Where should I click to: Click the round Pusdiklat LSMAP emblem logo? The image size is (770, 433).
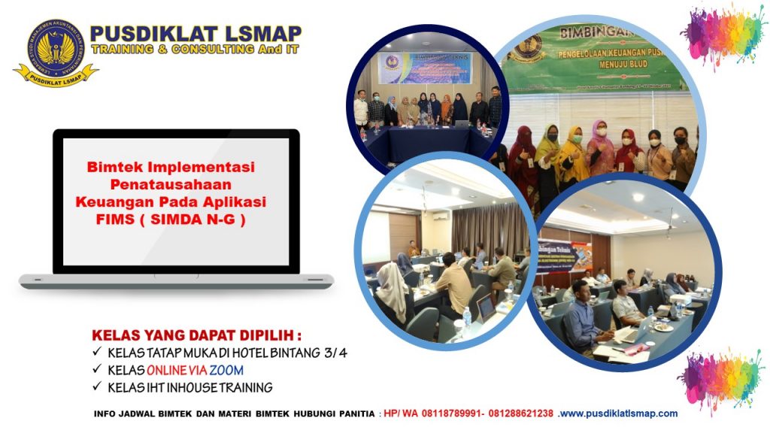pyautogui.click(x=55, y=51)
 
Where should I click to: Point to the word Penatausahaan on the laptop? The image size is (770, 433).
pyautogui.click(x=171, y=185)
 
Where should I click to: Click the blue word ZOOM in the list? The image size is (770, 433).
pyautogui.click(x=226, y=371)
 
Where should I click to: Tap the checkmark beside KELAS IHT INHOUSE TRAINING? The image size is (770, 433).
pyautogui.click(x=97, y=388)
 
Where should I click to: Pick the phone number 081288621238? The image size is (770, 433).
pyautogui.click(x=523, y=413)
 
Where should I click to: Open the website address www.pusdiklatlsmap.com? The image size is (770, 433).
pyautogui.click(x=618, y=413)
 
